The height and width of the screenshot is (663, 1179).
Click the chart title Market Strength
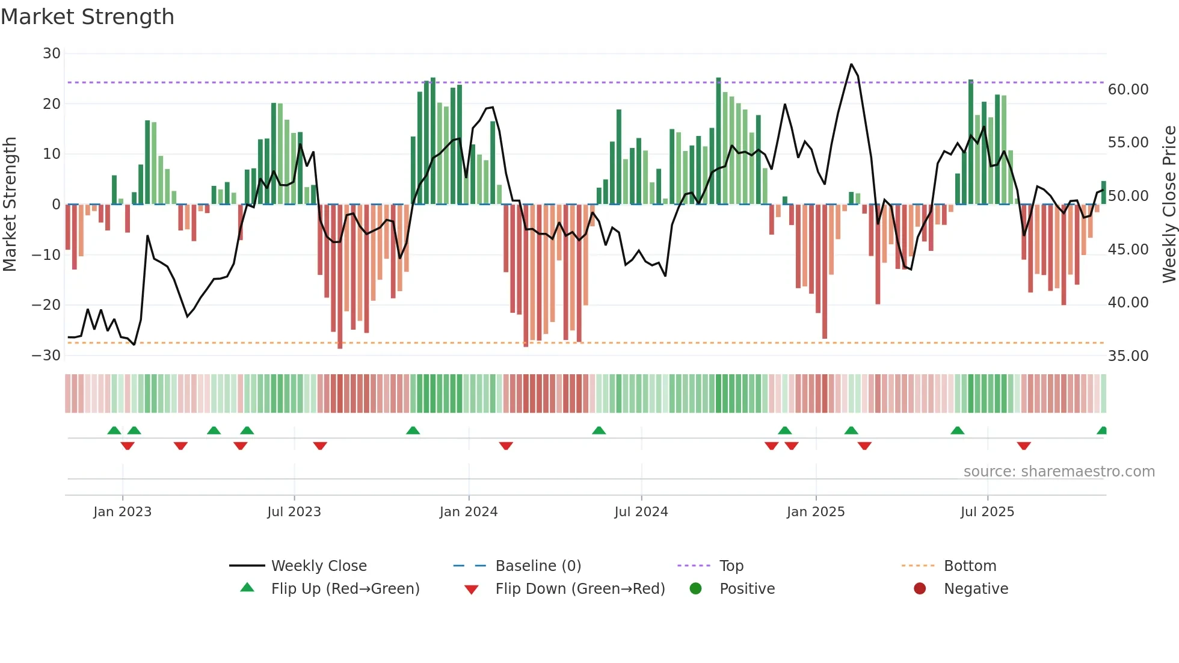click(87, 17)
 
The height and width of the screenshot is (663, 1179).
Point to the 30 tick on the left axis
click(52, 54)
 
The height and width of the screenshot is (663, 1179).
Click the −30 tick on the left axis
click(46, 356)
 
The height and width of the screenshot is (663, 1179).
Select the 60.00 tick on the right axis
click(1128, 90)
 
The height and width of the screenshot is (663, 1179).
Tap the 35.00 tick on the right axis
click(1128, 356)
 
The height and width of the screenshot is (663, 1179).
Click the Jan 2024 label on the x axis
click(469, 512)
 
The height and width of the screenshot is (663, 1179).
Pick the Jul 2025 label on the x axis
click(987, 512)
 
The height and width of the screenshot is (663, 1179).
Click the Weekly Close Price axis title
click(1169, 204)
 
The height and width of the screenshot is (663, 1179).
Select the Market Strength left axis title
click(10, 204)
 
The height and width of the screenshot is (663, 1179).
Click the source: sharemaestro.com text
click(1059, 472)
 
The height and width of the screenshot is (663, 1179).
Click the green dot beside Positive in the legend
click(695, 589)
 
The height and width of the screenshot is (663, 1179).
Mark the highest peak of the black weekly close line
click(851, 64)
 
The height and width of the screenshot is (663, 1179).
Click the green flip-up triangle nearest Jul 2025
click(957, 431)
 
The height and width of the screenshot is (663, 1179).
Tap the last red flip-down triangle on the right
click(1024, 446)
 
